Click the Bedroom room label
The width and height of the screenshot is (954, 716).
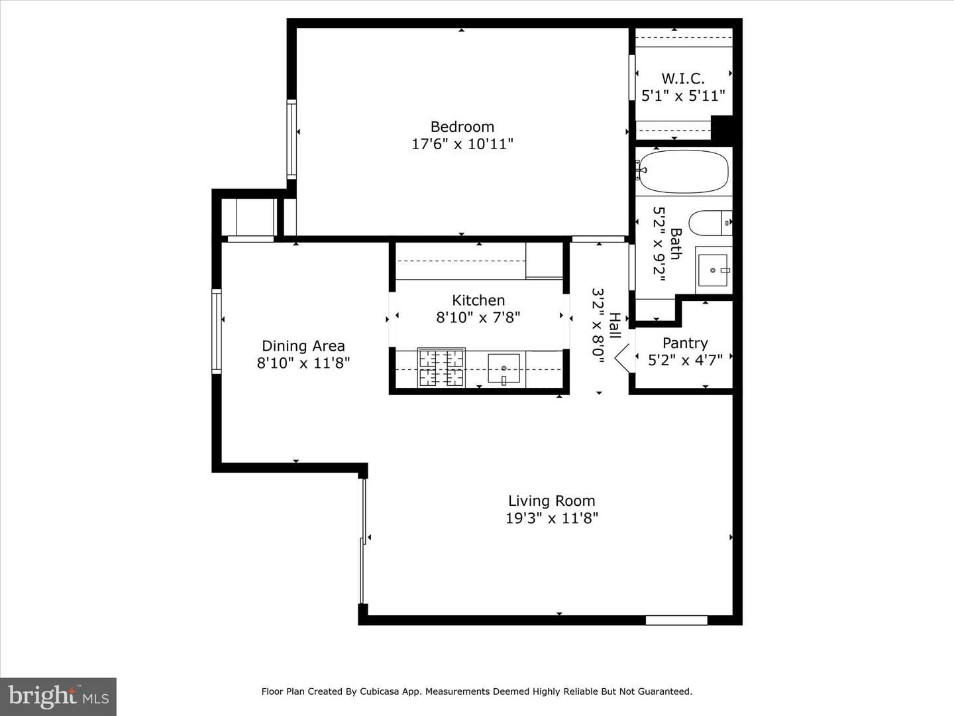[x=462, y=127]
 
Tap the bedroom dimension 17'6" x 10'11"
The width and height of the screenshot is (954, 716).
[x=462, y=144]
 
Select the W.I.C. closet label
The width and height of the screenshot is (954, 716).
[x=682, y=79]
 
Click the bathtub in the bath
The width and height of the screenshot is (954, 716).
[x=683, y=172]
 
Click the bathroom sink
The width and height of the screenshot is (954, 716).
[x=713, y=270]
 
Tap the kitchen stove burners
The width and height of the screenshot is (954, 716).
[x=441, y=368]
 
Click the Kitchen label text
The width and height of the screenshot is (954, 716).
[x=478, y=300]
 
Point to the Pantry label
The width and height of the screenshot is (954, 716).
[x=684, y=343]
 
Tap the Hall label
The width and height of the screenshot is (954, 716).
[x=614, y=326]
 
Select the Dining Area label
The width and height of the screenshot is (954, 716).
[x=303, y=345]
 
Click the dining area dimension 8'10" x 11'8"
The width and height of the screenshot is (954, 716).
[x=303, y=363]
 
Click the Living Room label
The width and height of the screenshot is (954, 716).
[x=551, y=501]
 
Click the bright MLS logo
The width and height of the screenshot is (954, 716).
[x=58, y=696]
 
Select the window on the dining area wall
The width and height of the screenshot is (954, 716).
[x=216, y=331]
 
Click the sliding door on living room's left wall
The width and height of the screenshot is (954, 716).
[x=362, y=540]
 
